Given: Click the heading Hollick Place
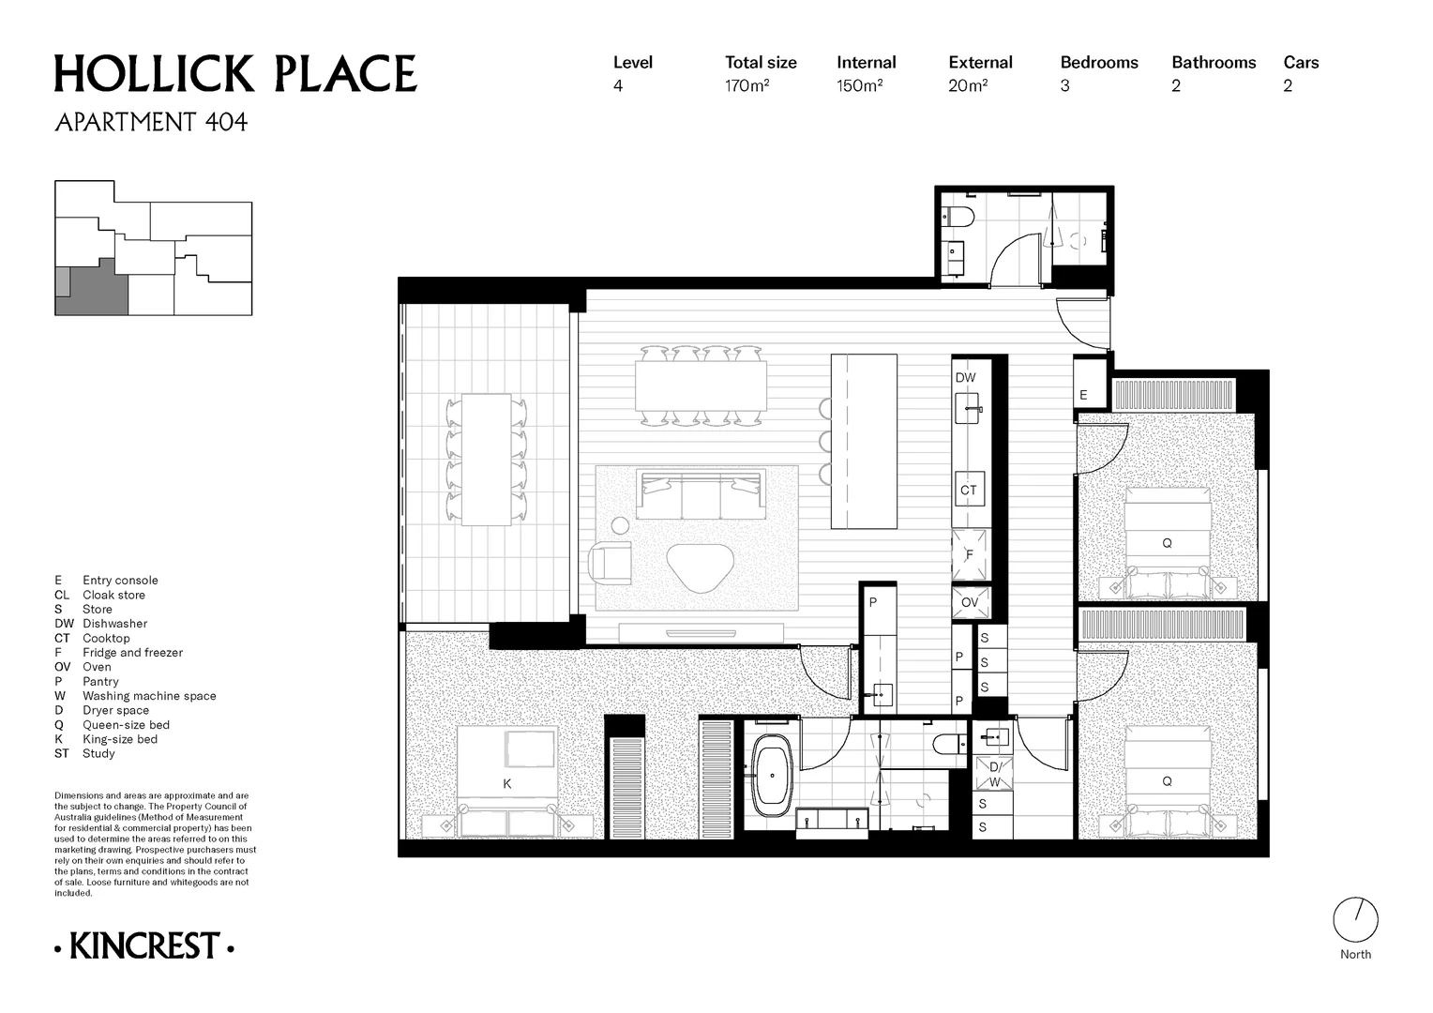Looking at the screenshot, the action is [235, 74].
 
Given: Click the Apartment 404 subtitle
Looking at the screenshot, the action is [151, 122].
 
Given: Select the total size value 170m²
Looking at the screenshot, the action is [747, 85].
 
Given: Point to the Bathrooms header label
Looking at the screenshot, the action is [1214, 63].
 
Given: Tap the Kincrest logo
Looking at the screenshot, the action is [144, 945].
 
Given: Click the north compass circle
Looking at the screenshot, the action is [1355, 920].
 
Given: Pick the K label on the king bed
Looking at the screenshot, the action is [506, 784].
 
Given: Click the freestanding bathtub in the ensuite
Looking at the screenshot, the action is [772, 776].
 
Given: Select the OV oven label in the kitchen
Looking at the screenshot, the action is [969, 602].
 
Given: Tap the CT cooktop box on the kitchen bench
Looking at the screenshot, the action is [969, 490].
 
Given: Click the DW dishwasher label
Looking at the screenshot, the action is [965, 378].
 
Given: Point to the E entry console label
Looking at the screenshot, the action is [1083, 395].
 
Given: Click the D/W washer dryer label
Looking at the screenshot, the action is [994, 775].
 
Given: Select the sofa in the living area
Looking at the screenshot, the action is [701, 494].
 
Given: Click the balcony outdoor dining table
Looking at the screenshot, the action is [486, 460].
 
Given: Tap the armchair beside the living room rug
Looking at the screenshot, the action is [611, 563].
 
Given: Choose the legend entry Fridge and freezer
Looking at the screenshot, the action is [132, 653].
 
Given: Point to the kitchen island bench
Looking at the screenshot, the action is [864, 442].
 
